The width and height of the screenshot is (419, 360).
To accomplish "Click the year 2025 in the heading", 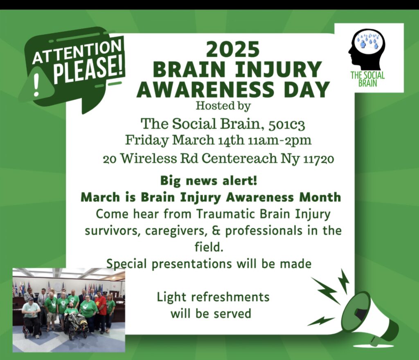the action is (x=233, y=49).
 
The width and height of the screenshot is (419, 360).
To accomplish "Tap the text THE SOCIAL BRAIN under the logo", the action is (x=368, y=79).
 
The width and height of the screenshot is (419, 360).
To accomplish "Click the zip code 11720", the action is (x=318, y=160).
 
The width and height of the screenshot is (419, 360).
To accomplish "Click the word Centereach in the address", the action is (x=239, y=159).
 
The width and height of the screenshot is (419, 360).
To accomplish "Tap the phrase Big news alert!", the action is (x=209, y=181).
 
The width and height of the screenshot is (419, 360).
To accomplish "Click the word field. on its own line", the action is (x=209, y=247).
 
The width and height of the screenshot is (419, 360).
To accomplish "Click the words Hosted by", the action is (x=223, y=106).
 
